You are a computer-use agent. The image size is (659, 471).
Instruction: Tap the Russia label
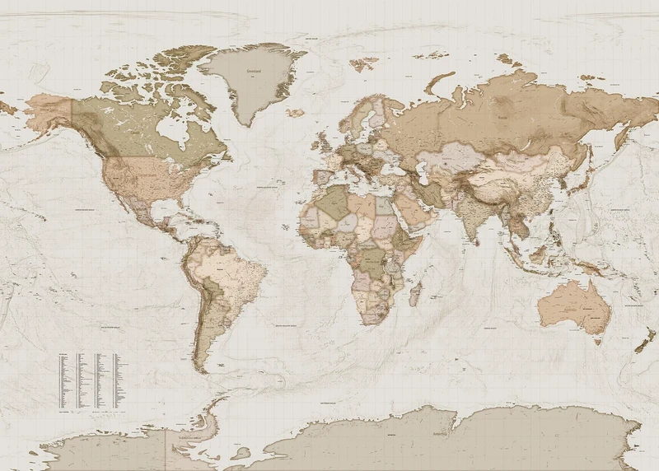coord(502,118)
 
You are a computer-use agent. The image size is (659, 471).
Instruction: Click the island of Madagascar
coord(415,292)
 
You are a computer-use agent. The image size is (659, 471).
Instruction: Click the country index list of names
coord(90,381)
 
